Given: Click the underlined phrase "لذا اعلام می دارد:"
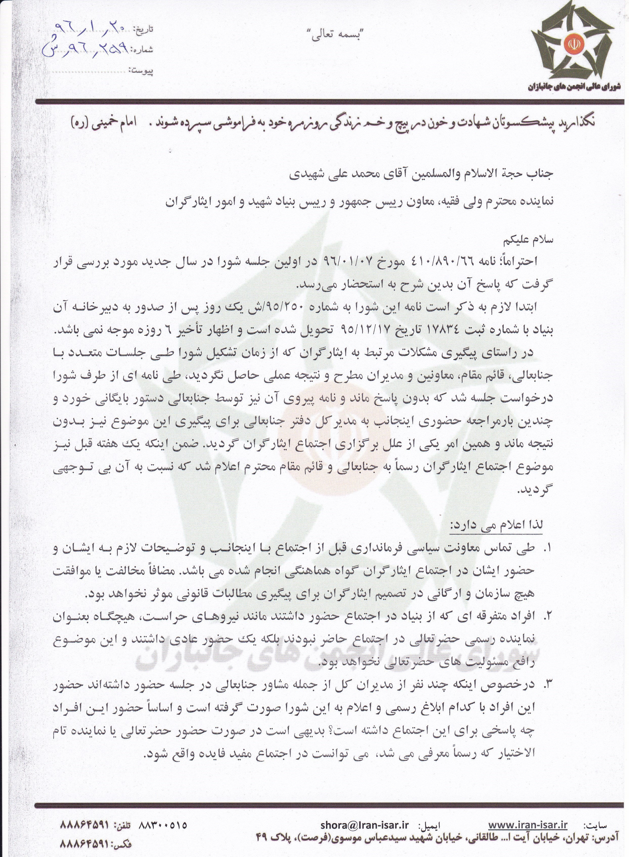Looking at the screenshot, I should [497, 524].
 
